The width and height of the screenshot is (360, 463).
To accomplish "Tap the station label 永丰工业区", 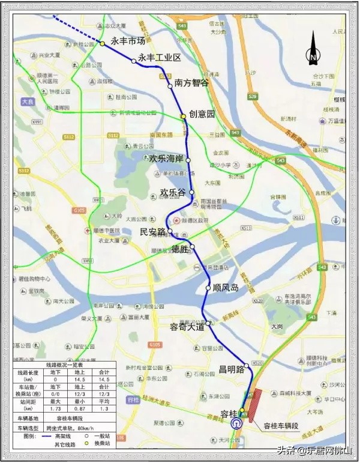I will coord(160,58).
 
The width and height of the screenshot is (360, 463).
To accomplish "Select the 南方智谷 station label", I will coord(192,83).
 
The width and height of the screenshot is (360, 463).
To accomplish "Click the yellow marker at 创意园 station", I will coord(183,116).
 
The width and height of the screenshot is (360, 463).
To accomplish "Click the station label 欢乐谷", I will coord(174,193).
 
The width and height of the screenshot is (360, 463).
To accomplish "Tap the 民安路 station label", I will coord(152,231).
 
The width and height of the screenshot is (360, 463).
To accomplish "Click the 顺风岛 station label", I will coord(226,288).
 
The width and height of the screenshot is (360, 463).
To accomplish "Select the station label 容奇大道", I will coord(187,327).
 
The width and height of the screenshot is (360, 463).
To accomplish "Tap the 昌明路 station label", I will coord(230,369).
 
